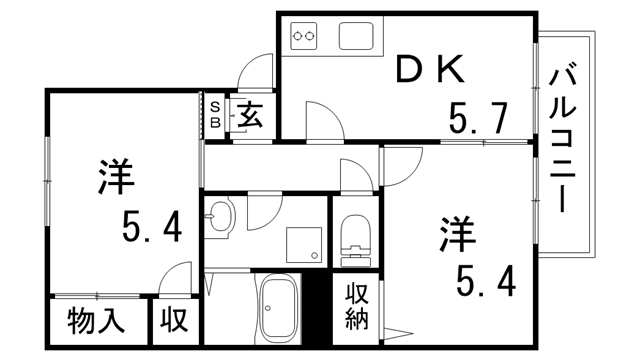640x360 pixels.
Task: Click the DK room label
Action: (429, 69)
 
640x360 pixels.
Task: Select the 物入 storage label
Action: (96, 323)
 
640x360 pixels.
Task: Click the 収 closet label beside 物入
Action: (175, 323)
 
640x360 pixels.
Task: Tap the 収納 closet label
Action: (357, 308)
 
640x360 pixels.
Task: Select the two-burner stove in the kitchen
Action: (306, 38)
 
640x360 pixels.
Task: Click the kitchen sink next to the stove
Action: (357, 37)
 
